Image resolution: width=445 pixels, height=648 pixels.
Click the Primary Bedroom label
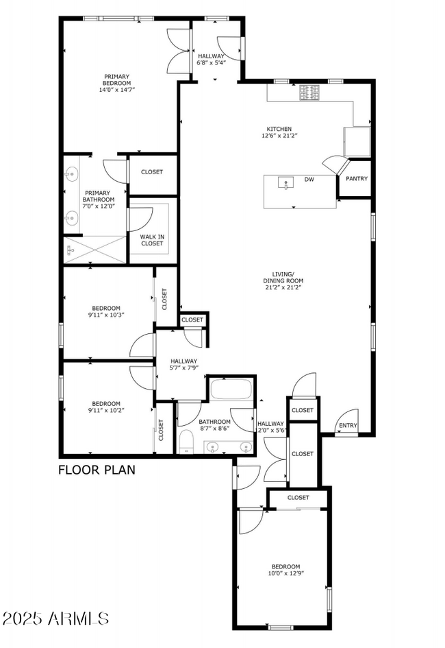tap(116, 82)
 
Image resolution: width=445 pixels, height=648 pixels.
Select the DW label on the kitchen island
tap(309, 180)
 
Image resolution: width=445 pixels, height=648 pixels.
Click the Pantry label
tap(357, 179)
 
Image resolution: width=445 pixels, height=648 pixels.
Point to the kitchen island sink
tap(285, 182)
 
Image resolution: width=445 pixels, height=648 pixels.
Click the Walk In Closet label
tap(152, 240)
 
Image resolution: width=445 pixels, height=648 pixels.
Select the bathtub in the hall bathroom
tap(231, 390)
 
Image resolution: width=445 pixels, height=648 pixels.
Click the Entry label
tap(348, 426)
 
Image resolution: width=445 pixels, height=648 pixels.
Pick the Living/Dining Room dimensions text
tap(283, 288)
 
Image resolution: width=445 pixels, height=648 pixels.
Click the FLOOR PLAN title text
tap(97, 470)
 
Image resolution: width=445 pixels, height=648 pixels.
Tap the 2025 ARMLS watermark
tap(55, 618)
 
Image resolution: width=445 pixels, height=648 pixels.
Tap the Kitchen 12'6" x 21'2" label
tap(279, 132)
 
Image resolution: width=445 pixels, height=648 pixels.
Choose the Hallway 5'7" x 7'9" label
tap(184, 365)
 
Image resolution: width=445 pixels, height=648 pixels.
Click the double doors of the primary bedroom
tap(178, 51)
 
